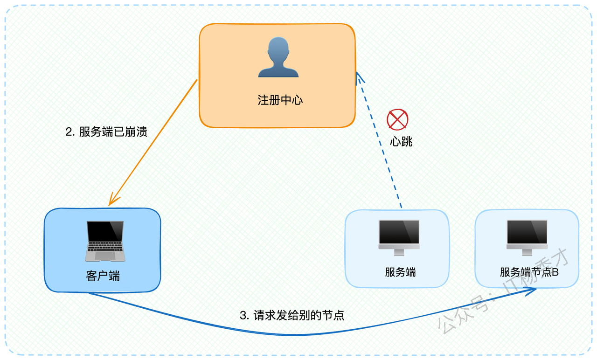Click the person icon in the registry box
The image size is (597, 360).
pos(278,57)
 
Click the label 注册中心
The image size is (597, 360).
pos(280,100)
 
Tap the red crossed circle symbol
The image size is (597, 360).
pos(397,119)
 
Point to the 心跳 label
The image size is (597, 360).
pos(401,141)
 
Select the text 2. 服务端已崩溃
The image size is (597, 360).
pos(106,132)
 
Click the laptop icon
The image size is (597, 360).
pos(105,241)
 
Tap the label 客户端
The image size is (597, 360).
pos(103,276)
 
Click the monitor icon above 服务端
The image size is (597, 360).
pos(399,238)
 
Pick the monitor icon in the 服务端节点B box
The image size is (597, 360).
pos(527,238)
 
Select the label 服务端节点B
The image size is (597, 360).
pos(529,272)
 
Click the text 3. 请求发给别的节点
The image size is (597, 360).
pos(292,315)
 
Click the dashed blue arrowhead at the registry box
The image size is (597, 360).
pos(359,77)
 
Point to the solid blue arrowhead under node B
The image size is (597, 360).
pos(530,291)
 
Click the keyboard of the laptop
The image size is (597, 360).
pos(105,247)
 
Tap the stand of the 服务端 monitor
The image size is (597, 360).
pos(399,252)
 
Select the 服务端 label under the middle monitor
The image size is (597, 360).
pos(400,272)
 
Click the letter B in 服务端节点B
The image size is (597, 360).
pos(555,272)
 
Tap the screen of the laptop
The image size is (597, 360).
pos(105,231)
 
